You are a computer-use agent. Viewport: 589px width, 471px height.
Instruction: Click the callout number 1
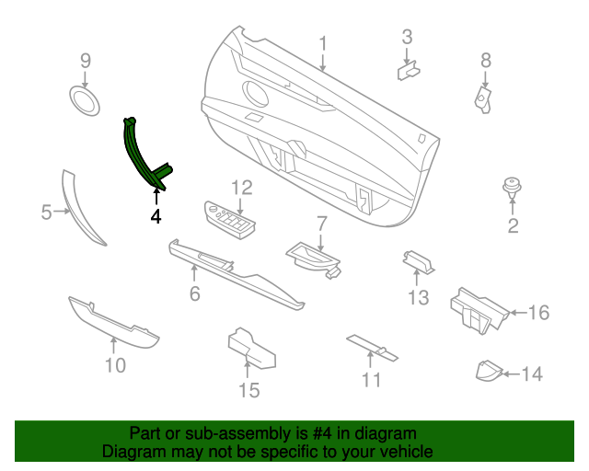(x=323, y=43)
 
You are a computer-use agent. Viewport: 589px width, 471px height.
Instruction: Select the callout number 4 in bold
(x=156, y=217)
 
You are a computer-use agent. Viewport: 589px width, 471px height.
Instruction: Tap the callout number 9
(x=86, y=61)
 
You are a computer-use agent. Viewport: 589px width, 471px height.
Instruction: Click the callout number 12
(x=241, y=188)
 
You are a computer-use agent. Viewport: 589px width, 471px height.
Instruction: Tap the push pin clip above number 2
(x=511, y=189)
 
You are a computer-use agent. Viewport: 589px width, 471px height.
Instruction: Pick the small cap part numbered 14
(x=487, y=371)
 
